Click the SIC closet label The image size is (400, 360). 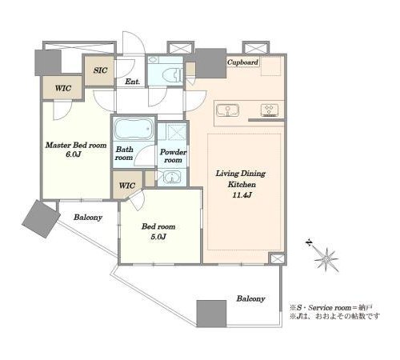(x=100, y=70)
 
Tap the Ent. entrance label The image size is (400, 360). (x=133, y=82)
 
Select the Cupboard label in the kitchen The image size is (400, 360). (x=242, y=62)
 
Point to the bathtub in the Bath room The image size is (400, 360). (x=134, y=129)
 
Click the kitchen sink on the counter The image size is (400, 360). (x=227, y=110)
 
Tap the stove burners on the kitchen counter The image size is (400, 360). (x=270, y=110)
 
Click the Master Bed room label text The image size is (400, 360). (x=76, y=146)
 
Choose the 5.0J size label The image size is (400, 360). (x=158, y=237)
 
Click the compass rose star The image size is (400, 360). (x=326, y=259)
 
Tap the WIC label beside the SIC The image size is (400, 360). (x=63, y=88)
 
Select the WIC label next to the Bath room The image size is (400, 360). (x=127, y=186)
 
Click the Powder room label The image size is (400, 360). (x=173, y=156)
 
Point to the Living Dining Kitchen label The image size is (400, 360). (x=241, y=179)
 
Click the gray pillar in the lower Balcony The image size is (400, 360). (x=211, y=314)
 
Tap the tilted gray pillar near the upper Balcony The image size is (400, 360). (x=41, y=218)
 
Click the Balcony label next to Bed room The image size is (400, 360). (x=88, y=218)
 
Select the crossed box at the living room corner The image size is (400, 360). (x=276, y=259)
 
